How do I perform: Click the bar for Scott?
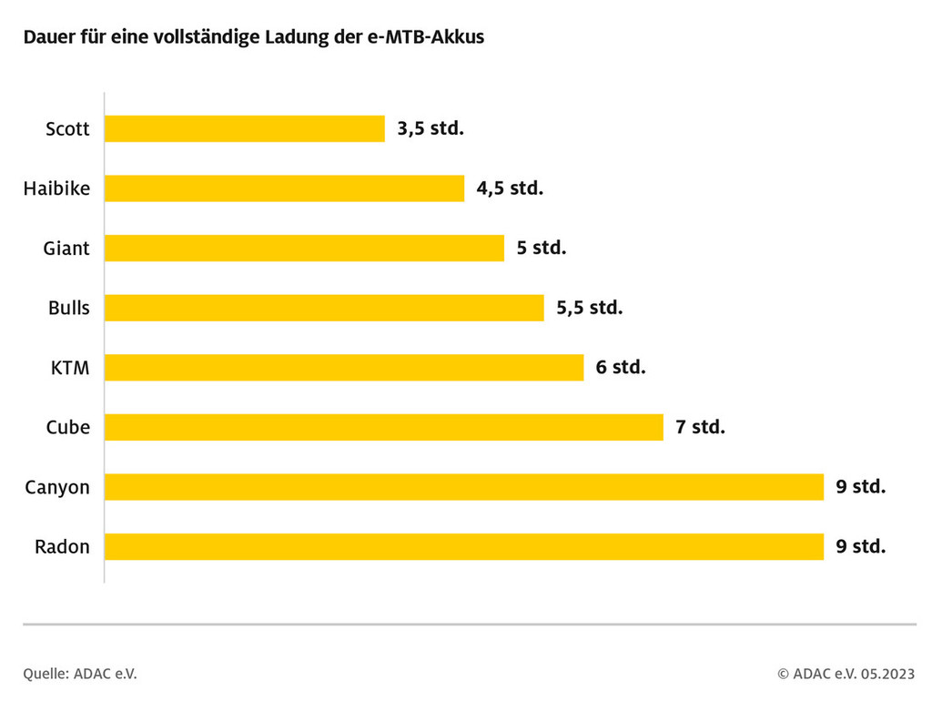(x=244, y=128)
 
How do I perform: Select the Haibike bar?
(x=284, y=188)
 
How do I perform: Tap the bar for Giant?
(x=304, y=248)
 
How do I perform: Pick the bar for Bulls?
(x=324, y=308)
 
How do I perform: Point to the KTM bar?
(x=344, y=368)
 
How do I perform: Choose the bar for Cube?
(x=383, y=427)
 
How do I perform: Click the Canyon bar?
(x=463, y=487)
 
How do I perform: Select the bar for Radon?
(x=463, y=546)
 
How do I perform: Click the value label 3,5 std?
(x=431, y=128)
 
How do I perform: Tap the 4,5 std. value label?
(x=510, y=188)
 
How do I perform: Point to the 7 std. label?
(x=700, y=427)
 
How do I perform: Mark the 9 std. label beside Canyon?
(x=860, y=487)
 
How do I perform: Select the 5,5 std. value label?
(x=590, y=308)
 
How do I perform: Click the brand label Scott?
(x=67, y=129)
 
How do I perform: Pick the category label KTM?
(x=70, y=368)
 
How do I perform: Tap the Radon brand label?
(x=62, y=547)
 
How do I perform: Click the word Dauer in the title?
(x=48, y=38)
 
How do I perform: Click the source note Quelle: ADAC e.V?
(x=80, y=674)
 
